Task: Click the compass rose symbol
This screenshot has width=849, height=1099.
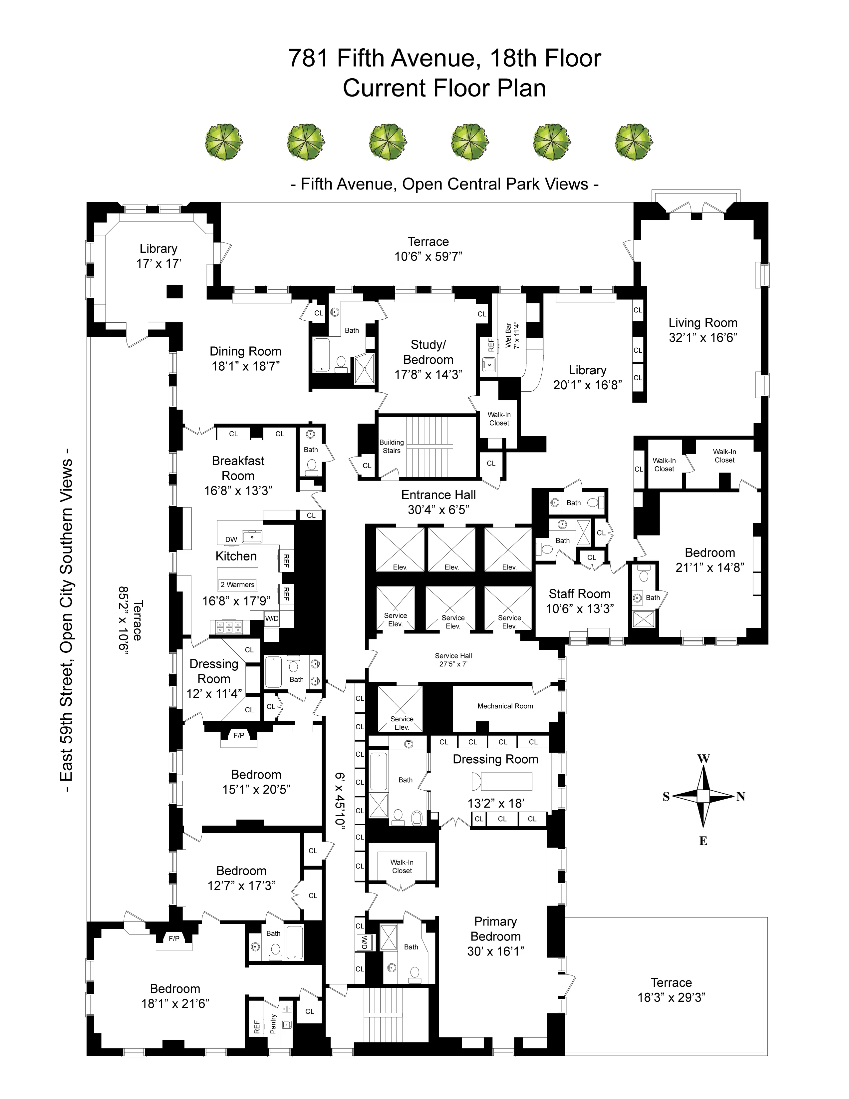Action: tap(703, 796)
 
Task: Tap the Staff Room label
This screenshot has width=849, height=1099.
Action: tap(579, 594)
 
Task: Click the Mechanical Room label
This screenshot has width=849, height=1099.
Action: tap(505, 706)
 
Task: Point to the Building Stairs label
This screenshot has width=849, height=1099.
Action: tap(391, 446)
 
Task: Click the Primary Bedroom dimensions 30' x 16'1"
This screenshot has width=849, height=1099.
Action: tap(495, 951)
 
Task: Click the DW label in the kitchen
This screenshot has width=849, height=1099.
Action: tap(231, 540)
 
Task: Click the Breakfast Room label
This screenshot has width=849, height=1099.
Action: tap(238, 468)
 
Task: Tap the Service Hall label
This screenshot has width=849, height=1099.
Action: tap(453, 656)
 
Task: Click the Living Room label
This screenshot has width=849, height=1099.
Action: tap(703, 323)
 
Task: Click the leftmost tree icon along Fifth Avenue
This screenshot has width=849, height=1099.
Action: tap(224, 143)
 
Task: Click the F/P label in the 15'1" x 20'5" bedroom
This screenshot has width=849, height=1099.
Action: tap(239, 736)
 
